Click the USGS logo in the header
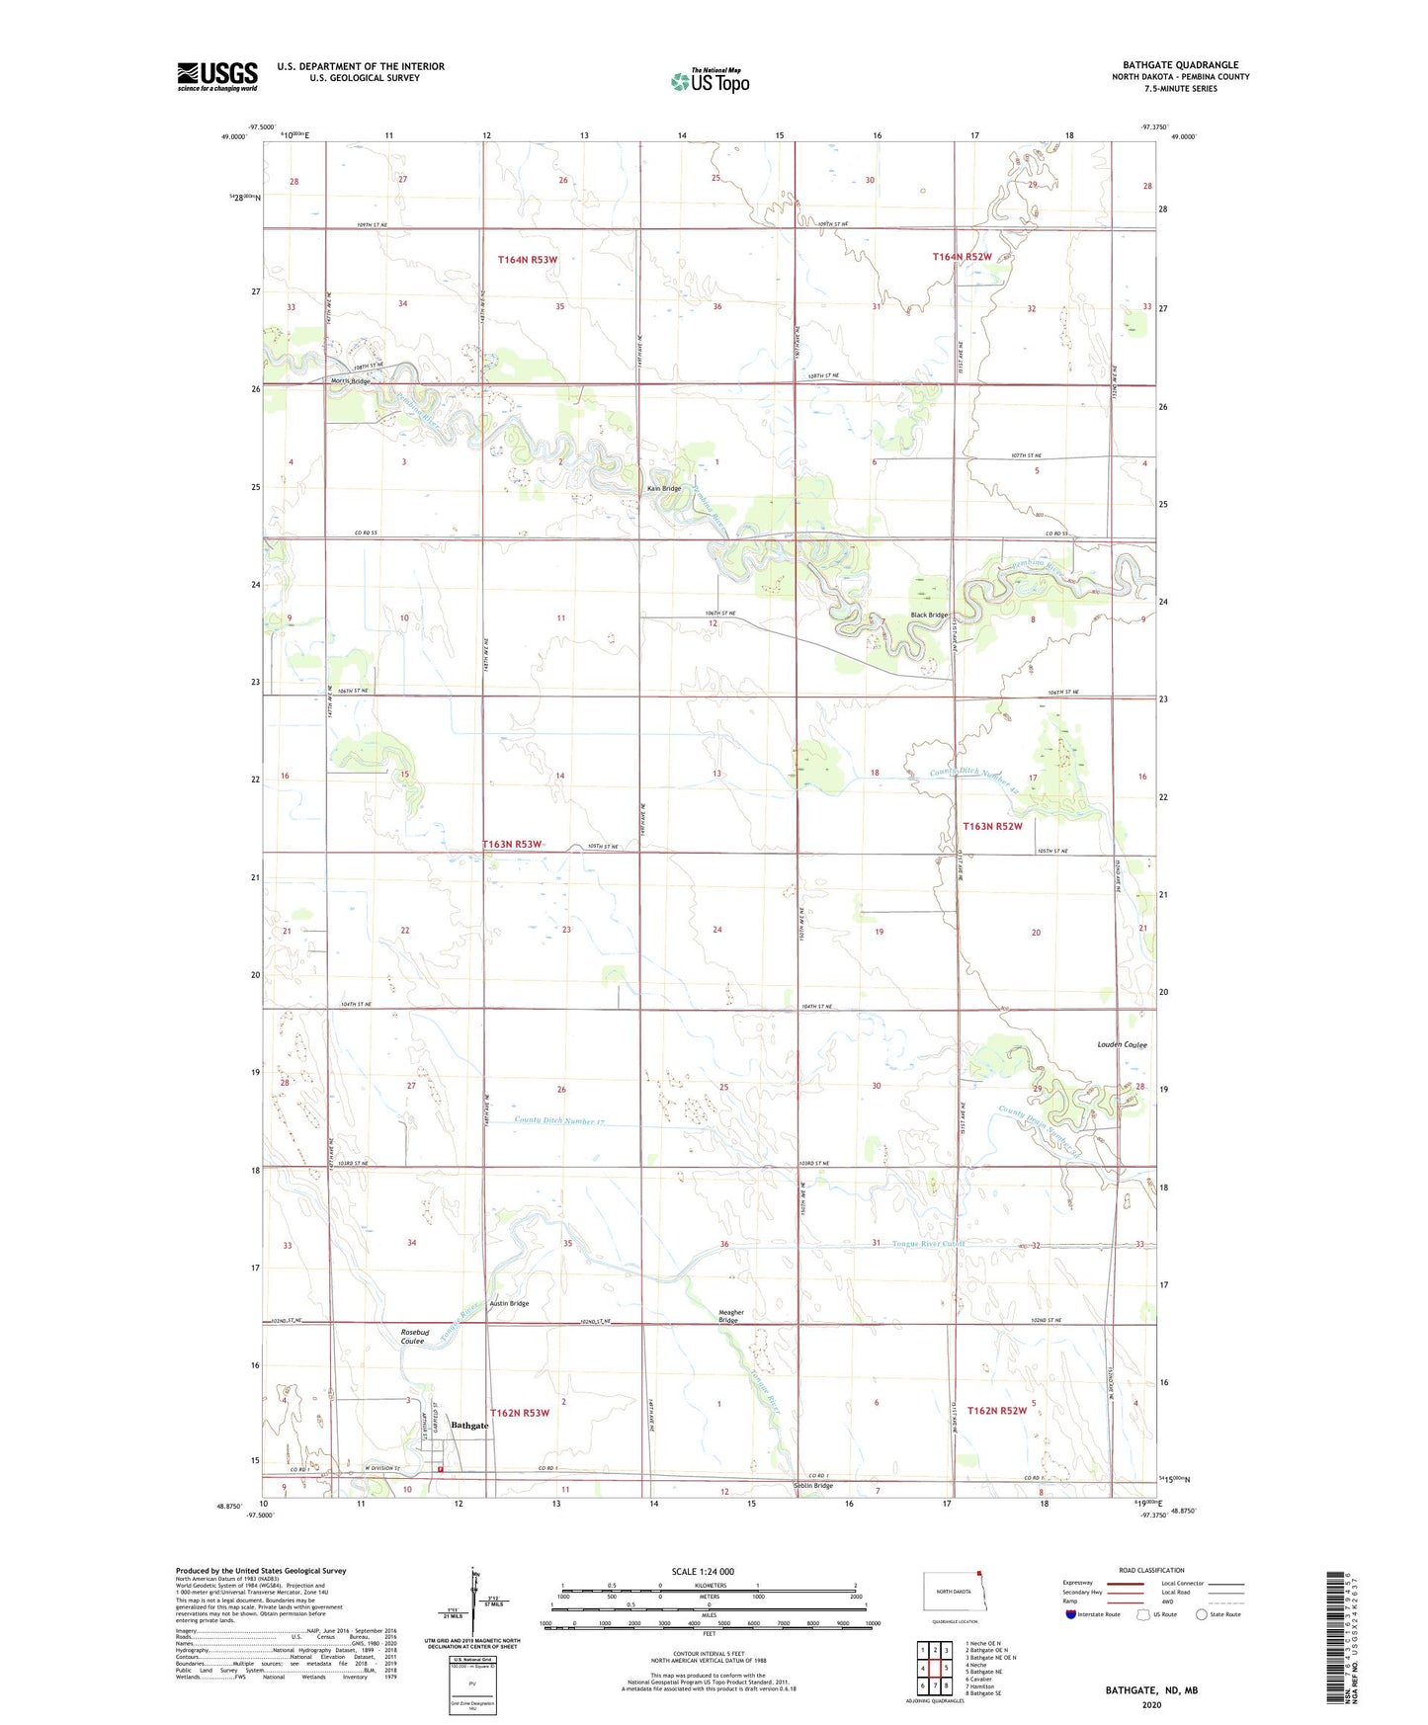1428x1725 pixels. [217, 76]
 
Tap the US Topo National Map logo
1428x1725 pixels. [710, 80]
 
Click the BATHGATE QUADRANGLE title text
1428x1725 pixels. [1180, 64]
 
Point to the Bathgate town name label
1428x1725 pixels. [469, 1425]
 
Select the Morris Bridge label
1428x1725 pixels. [351, 381]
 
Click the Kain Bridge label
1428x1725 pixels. [664, 488]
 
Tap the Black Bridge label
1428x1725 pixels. [929, 615]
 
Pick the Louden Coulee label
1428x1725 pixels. [1122, 1044]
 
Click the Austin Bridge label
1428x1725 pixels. [510, 1303]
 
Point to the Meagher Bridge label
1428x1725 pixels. [730, 1316]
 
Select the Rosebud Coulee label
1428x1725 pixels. [414, 1336]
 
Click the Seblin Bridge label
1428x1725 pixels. [813, 1485]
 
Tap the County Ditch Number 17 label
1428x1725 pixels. [559, 1121]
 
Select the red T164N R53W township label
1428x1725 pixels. [527, 260]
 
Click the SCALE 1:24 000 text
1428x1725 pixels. [703, 1571]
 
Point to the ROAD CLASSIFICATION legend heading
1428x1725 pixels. [1150, 1570]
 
